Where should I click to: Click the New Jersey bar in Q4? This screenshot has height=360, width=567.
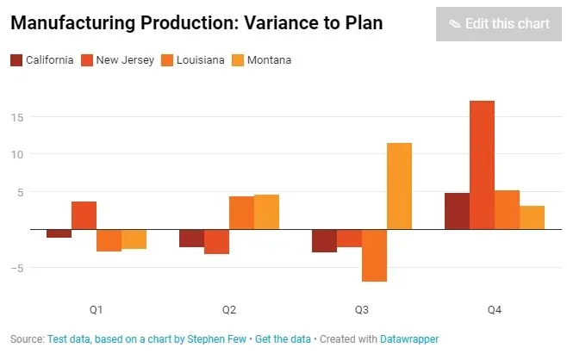tap(482, 165)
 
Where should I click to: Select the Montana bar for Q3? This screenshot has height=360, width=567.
tap(399, 186)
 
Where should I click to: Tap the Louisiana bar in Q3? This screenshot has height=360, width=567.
tap(374, 255)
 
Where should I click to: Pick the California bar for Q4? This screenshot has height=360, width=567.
tap(457, 211)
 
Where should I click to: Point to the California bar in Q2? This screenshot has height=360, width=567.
tap(191, 239)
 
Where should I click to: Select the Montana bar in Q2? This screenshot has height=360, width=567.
tap(266, 212)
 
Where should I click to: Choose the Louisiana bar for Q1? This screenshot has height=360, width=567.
tap(109, 240)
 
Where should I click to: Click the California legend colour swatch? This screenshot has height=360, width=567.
tap(16, 60)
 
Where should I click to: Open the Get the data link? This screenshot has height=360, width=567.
tap(283, 339)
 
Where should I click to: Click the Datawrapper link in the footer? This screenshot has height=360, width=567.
tap(409, 339)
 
